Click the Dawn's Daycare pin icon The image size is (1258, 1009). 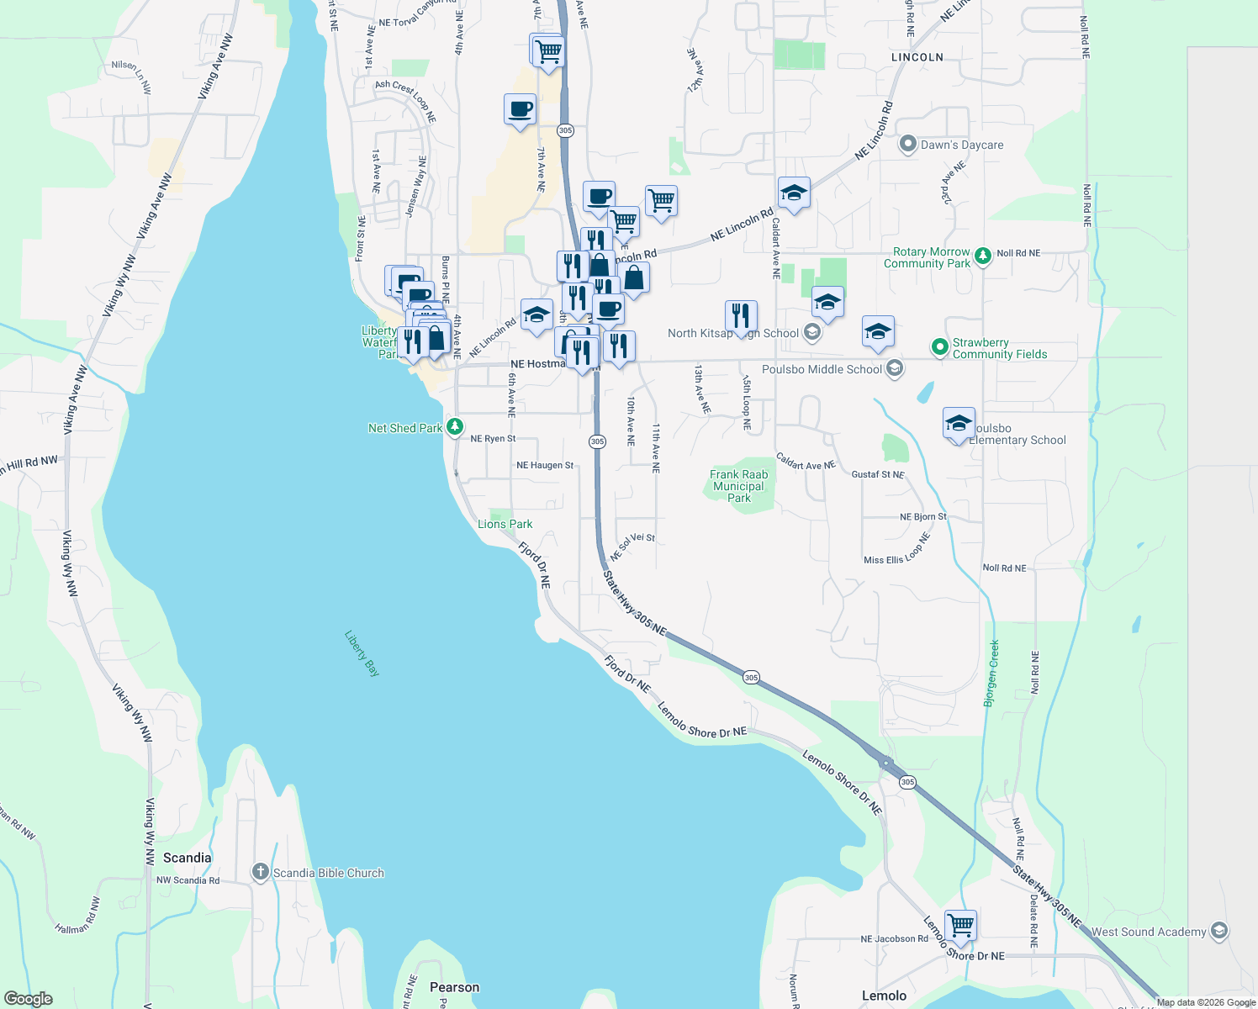click(907, 145)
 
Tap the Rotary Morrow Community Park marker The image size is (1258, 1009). click(982, 256)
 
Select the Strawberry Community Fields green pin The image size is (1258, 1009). click(939, 346)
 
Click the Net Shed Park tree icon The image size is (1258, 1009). click(454, 427)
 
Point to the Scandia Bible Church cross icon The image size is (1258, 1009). click(261, 872)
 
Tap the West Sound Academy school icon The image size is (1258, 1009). click(1219, 931)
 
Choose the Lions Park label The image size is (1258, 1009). click(505, 524)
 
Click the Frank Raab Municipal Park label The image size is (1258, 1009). click(738, 486)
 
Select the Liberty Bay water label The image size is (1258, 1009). click(362, 653)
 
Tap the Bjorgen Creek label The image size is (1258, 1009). click(993, 673)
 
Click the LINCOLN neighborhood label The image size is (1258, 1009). click(917, 57)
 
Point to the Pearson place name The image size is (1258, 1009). click(454, 987)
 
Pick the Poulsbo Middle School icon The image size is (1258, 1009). click(895, 368)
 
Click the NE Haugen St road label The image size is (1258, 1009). click(545, 465)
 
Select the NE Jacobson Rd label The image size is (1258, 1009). click(894, 938)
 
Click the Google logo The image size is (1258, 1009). click(28, 999)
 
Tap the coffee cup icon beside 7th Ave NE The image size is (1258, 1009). click(520, 108)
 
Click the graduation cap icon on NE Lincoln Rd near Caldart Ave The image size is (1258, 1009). click(793, 193)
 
